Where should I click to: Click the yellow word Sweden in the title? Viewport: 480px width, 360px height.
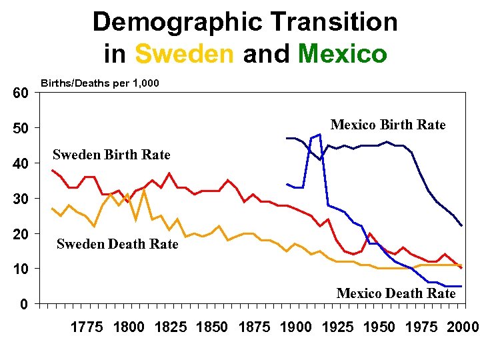(x=184, y=53)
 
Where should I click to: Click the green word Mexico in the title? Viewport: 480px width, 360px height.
(x=343, y=53)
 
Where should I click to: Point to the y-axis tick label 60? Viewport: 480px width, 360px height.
(x=21, y=93)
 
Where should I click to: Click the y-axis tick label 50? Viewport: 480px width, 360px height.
(x=21, y=129)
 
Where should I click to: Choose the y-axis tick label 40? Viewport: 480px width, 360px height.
(x=21, y=164)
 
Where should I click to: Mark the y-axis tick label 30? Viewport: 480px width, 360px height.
(x=21, y=199)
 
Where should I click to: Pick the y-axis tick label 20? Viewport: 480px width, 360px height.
(x=21, y=235)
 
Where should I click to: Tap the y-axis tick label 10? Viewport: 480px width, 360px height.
(x=21, y=269)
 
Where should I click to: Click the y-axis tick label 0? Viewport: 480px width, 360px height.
(x=24, y=305)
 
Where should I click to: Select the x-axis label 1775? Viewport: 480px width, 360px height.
(x=87, y=327)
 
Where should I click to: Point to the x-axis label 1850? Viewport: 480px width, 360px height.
(x=212, y=327)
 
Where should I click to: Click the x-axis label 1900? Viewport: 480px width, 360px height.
(x=295, y=327)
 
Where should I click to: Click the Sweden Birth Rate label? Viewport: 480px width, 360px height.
(x=111, y=155)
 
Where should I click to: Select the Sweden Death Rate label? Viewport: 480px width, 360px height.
(x=117, y=244)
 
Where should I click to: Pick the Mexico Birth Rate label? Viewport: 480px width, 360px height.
(x=388, y=125)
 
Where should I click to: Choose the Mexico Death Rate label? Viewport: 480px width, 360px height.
(x=396, y=293)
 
